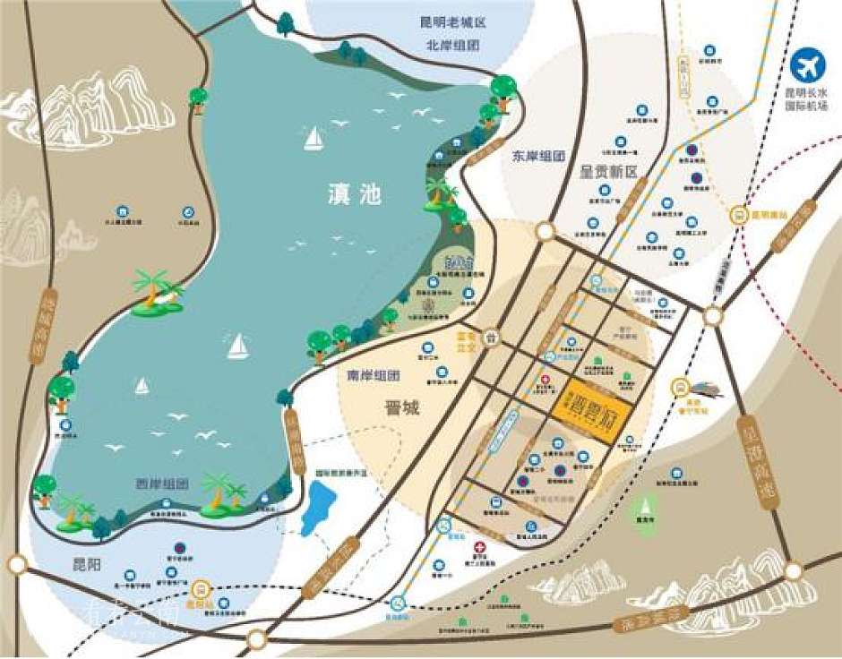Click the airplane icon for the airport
click(x=808, y=67)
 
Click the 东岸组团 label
click(x=540, y=155)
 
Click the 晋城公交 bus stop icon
click(x=490, y=338)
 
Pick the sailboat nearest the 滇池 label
click(x=313, y=138)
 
